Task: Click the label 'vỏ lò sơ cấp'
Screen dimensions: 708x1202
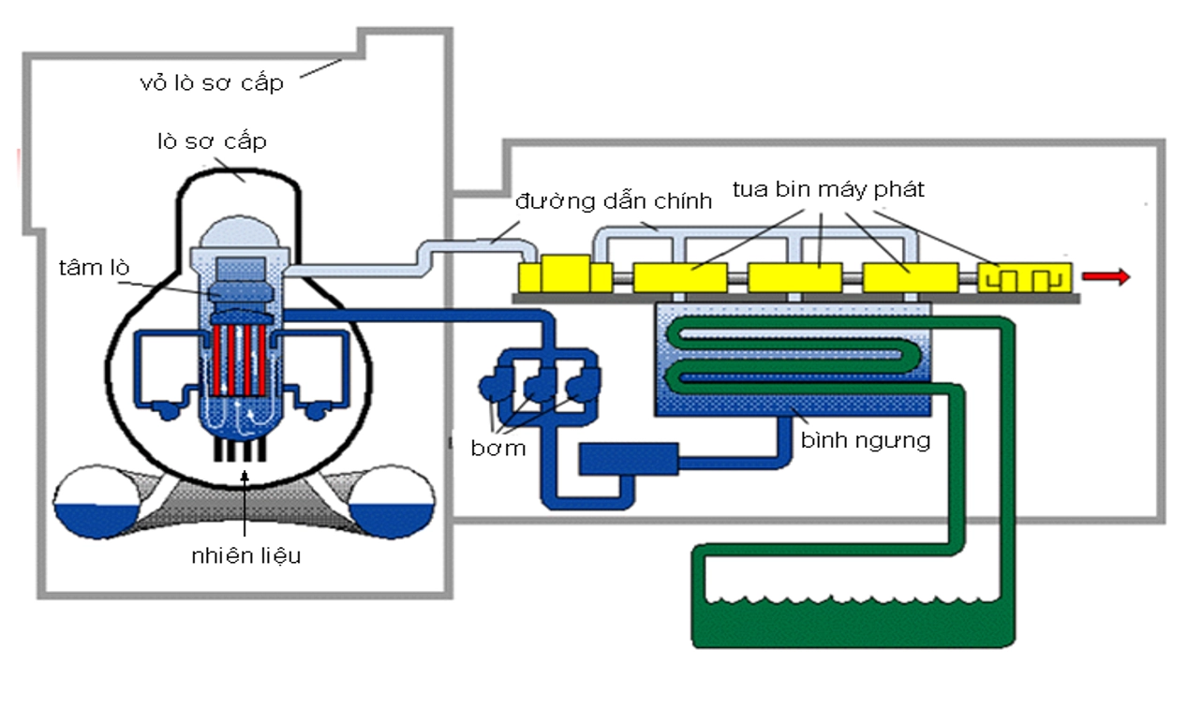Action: (211, 82)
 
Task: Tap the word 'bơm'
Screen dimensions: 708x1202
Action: (498, 448)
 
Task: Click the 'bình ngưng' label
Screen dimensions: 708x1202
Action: (865, 439)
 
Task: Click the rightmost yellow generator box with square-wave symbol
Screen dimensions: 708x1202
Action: (1024, 277)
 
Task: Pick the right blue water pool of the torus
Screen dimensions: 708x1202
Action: (393, 520)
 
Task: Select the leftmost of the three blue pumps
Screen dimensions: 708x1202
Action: (492, 387)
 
